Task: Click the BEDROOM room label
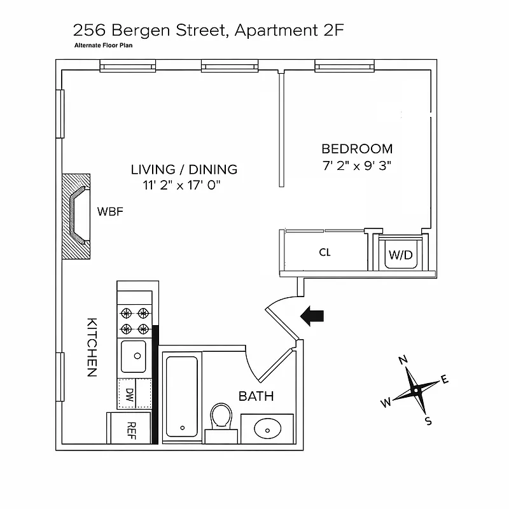tap(357, 149)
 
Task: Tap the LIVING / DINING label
tap(184, 169)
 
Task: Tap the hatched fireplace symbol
tap(76, 216)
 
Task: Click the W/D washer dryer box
tap(400, 254)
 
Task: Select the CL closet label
tap(324, 253)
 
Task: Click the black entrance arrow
tap(312, 316)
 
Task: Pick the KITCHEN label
tap(91, 347)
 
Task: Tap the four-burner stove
tap(135, 321)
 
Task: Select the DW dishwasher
tap(130, 394)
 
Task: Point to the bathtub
tap(183, 398)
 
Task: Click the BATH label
tap(256, 396)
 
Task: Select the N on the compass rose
tap(402, 360)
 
